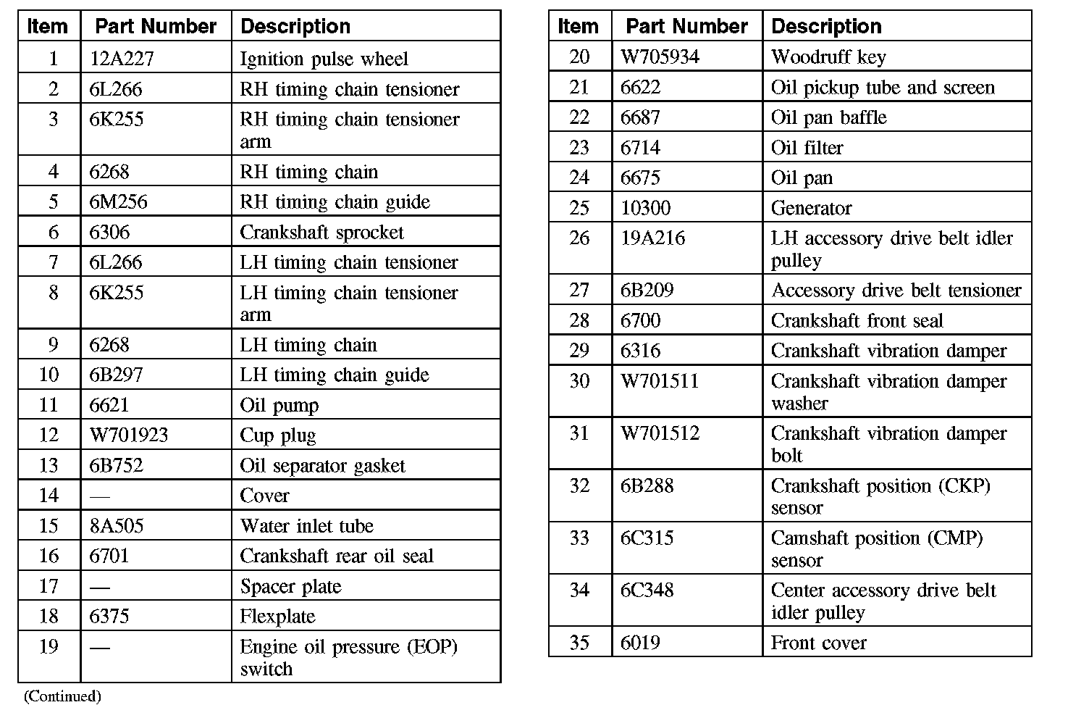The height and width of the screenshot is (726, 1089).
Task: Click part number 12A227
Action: (x=122, y=59)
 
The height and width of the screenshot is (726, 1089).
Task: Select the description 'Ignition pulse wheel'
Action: (x=324, y=59)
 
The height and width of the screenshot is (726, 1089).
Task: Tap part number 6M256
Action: (x=118, y=201)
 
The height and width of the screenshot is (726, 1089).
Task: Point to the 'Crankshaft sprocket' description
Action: (x=321, y=232)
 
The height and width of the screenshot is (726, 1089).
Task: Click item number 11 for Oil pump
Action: (x=49, y=404)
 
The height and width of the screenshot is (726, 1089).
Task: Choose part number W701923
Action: (x=129, y=435)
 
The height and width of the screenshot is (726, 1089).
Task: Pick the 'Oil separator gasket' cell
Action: (x=322, y=465)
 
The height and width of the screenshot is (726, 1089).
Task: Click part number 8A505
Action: (x=117, y=525)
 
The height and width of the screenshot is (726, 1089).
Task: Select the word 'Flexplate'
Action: (x=277, y=616)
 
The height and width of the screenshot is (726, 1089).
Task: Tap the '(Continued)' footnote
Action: (x=62, y=696)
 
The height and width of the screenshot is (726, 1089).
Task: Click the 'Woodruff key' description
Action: (x=828, y=57)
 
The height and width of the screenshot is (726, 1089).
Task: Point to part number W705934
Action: (x=660, y=57)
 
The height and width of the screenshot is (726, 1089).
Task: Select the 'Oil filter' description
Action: (x=807, y=148)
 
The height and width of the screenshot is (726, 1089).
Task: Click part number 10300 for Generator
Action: (x=645, y=208)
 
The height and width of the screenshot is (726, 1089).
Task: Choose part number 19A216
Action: (x=652, y=238)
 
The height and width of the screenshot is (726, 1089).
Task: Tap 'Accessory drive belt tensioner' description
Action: (x=896, y=290)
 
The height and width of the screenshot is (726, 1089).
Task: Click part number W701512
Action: (x=660, y=433)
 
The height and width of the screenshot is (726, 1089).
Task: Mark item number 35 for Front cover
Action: (x=579, y=642)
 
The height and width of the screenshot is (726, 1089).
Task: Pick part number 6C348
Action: (x=647, y=590)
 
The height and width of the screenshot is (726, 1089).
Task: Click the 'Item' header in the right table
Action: (x=578, y=27)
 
